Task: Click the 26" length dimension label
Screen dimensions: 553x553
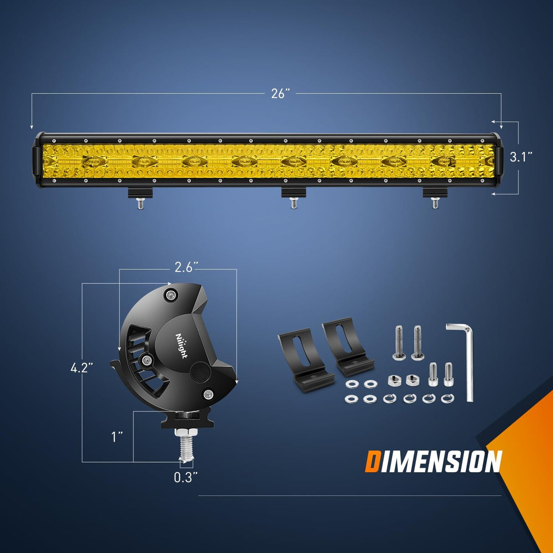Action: (281, 94)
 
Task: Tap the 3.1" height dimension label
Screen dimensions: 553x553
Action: (521, 157)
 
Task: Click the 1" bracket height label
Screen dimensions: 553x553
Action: (118, 437)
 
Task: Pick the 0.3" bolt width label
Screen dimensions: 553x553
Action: (186, 477)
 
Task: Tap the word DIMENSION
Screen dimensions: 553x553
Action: (433, 462)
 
